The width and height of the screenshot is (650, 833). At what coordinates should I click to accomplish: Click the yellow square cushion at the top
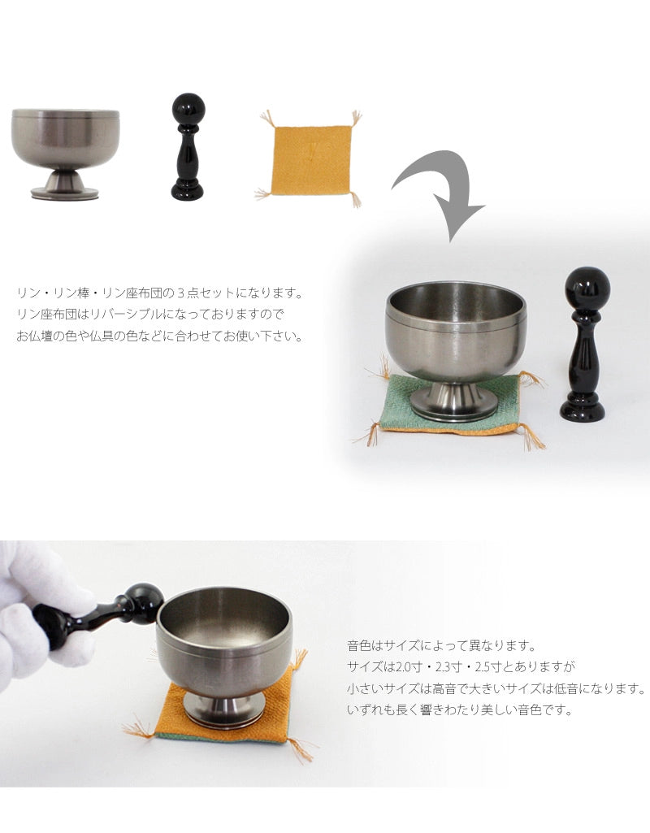coord(308,156)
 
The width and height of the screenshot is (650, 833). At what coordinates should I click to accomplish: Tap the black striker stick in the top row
coord(188,150)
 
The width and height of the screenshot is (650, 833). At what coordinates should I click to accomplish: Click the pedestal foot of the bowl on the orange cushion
coord(223,712)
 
